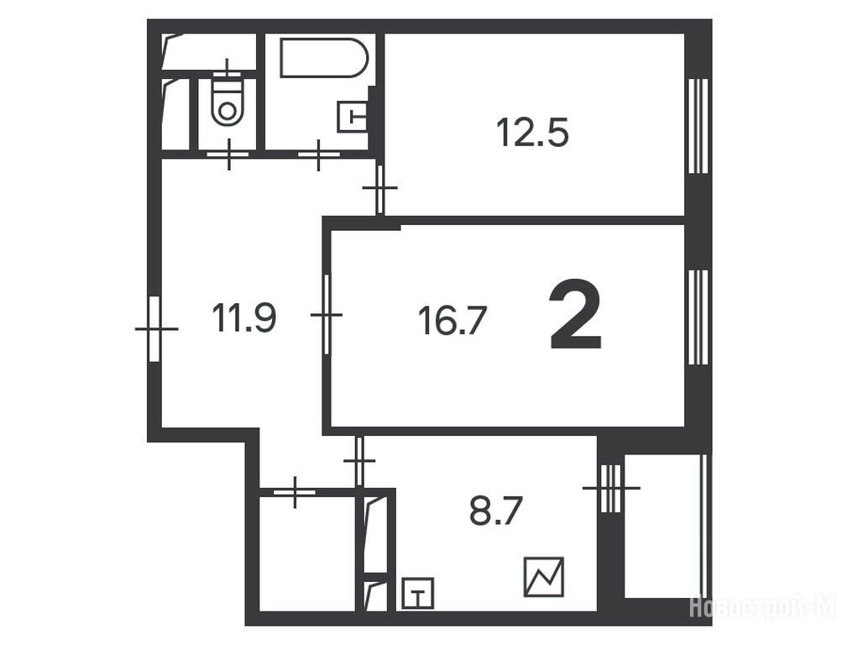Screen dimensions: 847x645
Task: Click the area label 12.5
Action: pyautogui.click(x=532, y=133)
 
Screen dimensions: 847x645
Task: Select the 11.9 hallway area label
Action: pyautogui.click(x=244, y=317)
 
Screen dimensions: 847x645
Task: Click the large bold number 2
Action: pyautogui.click(x=575, y=316)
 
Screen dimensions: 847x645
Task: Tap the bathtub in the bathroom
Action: pyautogui.click(x=324, y=58)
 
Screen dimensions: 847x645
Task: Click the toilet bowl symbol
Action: pyautogui.click(x=227, y=102)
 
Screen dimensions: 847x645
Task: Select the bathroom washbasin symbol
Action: pyautogui.click(x=352, y=116)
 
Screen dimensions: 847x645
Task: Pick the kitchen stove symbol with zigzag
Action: pyautogui.click(x=544, y=577)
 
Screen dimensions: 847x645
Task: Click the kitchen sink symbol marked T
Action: pyautogui.click(x=417, y=593)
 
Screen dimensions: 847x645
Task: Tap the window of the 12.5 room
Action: pyautogui.click(x=698, y=126)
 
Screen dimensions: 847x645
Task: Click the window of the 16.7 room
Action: pyautogui.click(x=698, y=318)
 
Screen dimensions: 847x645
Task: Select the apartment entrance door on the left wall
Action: pyautogui.click(x=155, y=328)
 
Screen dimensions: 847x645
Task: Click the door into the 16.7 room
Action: pyautogui.click(x=327, y=314)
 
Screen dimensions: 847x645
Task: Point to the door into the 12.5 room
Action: pyautogui.click(x=379, y=189)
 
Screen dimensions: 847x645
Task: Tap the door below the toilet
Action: pyautogui.click(x=228, y=154)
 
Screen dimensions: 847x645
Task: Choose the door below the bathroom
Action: pyautogui.click(x=319, y=155)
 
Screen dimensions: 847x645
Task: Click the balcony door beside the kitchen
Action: pyautogui.click(x=611, y=488)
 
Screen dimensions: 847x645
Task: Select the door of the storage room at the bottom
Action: pyautogui.click(x=295, y=492)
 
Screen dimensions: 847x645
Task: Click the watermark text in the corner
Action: pyautogui.click(x=763, y=606)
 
